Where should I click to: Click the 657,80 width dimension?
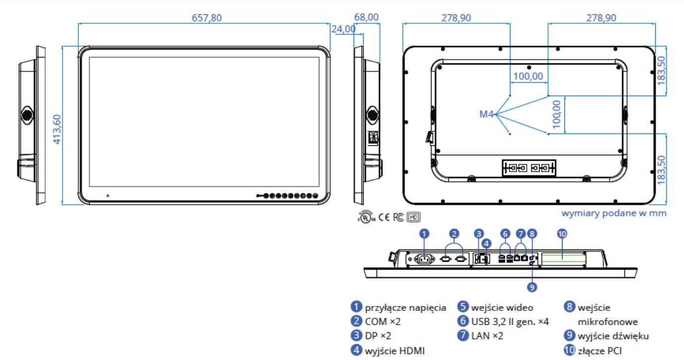(207, 18)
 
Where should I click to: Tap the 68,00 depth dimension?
(367, 17)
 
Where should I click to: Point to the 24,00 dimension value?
(343, 29)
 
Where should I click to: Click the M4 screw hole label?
(486, 115)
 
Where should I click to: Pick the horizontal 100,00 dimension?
(528, 77)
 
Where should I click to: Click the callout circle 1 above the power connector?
(424, 233)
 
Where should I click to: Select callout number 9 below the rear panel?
(532, 286)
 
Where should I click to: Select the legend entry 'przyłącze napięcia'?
(405, 307)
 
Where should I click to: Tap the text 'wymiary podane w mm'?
(614, 213)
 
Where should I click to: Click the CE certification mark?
(384, 217)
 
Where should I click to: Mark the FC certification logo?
(398, 217)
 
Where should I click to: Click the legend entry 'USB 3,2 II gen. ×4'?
(510, 321)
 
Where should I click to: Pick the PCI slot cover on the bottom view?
(563, 257)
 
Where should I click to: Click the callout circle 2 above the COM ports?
(454, 233)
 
